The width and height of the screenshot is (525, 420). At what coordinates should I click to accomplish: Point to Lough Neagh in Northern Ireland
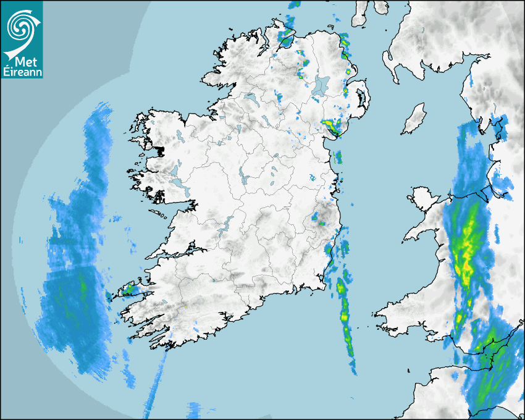(x=321, y=85)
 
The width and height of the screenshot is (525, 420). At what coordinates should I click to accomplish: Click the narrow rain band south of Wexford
(x=345, y=315)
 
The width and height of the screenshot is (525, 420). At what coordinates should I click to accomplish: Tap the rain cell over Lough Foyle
(x=286, y=41)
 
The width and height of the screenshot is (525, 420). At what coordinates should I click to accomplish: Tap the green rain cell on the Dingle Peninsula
(x=129, y=288)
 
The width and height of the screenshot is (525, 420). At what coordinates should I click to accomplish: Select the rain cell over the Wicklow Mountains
(x=319, y=217)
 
